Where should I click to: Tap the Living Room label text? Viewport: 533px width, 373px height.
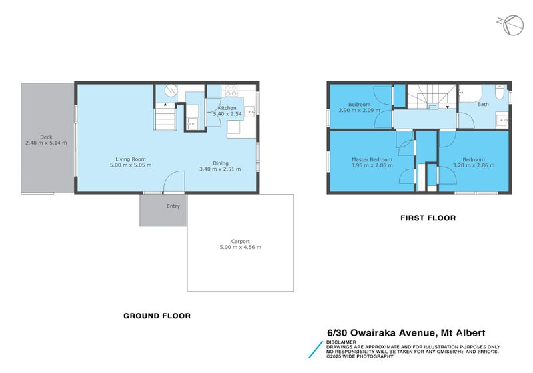click(130, 159)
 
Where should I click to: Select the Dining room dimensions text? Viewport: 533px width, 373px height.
click(219, 169)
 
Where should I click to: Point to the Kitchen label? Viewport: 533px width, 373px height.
click(227, 108)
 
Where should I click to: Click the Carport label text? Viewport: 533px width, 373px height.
click(240, 241)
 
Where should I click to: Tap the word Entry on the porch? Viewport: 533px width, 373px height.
click(173, 206)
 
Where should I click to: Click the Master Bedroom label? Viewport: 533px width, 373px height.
click(372, 159)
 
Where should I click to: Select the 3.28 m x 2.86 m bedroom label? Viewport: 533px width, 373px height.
click(473, 165)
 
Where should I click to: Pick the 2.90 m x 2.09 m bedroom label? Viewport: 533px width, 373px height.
click(359, 111)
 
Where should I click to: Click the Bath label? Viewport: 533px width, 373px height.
click(482, 104)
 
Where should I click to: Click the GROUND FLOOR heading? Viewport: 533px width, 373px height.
click(157, 316)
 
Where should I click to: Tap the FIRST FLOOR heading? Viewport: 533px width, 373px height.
click(428, 218)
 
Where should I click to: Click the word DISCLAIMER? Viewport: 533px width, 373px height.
click(341, 342)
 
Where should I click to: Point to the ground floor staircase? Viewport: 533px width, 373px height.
click(165, 118)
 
